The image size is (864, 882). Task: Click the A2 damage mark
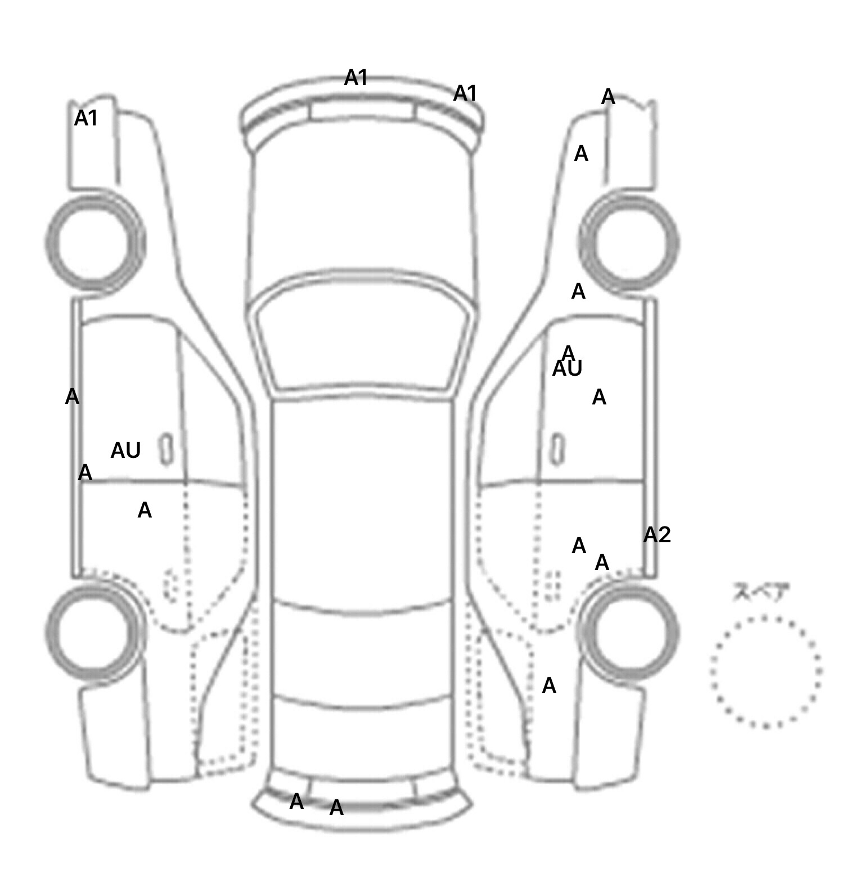[x=657, y=535]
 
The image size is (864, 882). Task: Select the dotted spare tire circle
[x=766, y=671]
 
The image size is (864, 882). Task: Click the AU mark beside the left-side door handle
[x=125, y=451]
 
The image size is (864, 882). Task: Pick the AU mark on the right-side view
[x=567, y=369]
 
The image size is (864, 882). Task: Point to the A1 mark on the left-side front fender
[x=86, y=118]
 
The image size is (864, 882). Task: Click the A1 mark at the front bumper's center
[x=356, y=78]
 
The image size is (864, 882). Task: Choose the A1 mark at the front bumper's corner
[x=465, y=93]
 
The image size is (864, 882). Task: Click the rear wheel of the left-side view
[x=93, y=632]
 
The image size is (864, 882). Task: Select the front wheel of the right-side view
[x=629, y=244]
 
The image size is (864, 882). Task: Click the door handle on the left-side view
[x=166, y=449]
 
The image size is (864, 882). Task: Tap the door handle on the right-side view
[x=557, y=449]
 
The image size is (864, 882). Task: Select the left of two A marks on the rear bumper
[x=296, y=802]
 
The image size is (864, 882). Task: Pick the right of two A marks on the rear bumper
[x=336, y=808]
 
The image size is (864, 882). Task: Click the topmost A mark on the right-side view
[x=608, y=97]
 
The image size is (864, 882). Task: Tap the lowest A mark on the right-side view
[x=549, y=686]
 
